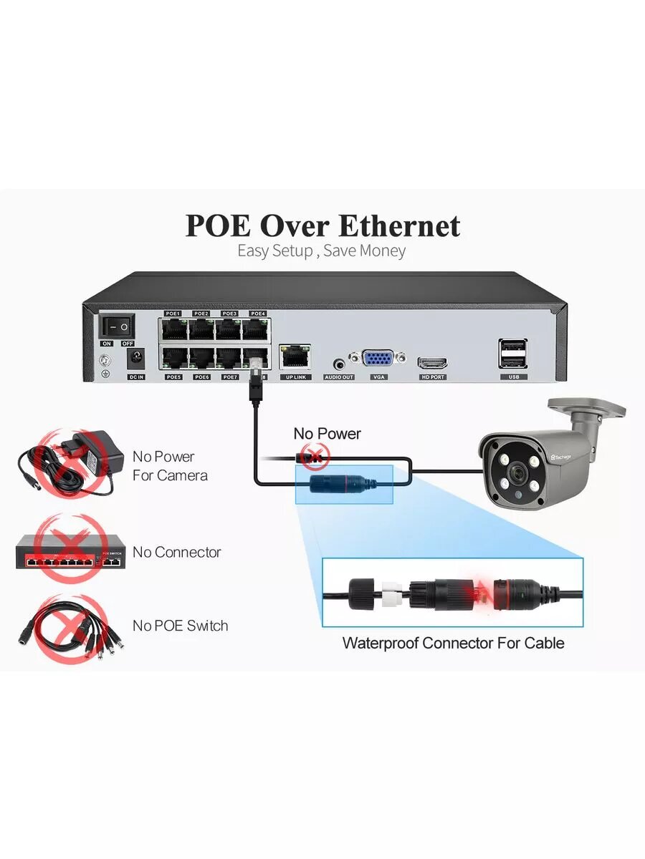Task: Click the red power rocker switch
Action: click(118, 327)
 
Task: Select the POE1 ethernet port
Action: click(173, 330)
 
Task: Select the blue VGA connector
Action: click(377, 360)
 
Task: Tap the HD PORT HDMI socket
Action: click(433, 362)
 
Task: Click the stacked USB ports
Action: click(513, 354)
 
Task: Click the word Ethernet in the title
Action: click(398, 226)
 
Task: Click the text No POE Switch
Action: click(180, 626)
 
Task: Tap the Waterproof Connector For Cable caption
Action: click(453, 643)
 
